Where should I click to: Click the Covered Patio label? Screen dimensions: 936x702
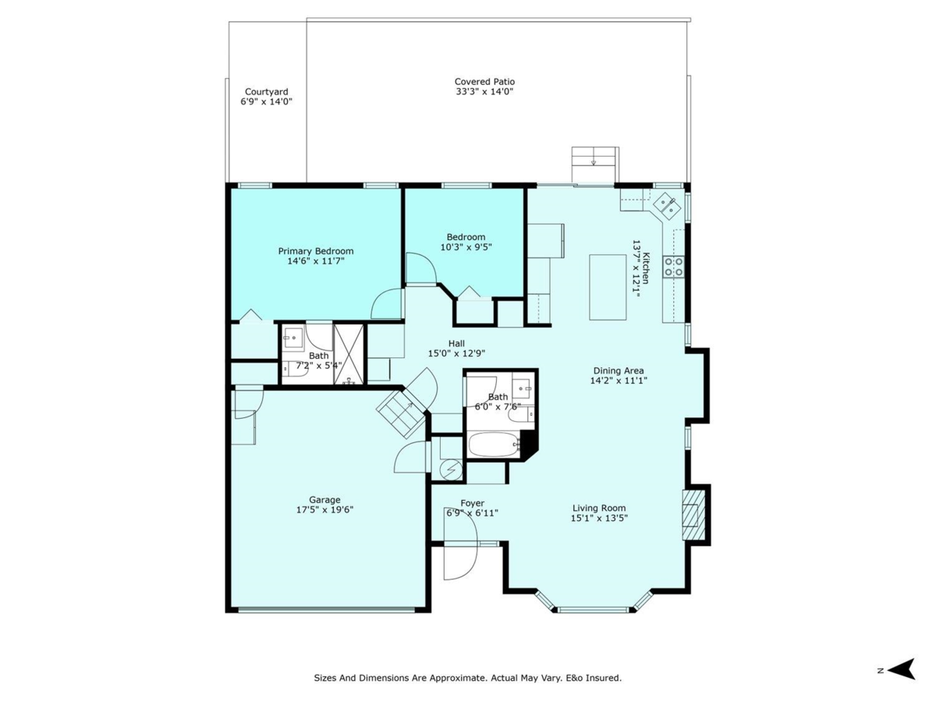[x=484, y=81]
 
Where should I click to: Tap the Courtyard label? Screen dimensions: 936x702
[x=267, y=91]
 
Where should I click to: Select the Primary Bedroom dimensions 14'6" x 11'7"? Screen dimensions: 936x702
[x=316, y=261]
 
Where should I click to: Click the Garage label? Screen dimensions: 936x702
[x=324, y=499]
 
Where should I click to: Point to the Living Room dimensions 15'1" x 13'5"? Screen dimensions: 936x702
[x=599, y=518]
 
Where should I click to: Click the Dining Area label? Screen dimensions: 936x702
[x=619, y=370]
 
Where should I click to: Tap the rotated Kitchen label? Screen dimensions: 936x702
[x=647, y=268]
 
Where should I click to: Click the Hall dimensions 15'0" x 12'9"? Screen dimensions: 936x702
[x=457, y=353]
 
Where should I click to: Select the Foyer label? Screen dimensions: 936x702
[x=473, y=503]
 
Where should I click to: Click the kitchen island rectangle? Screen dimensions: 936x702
[x=608, y=287]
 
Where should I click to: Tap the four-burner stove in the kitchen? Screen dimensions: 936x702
[x=673, y=267]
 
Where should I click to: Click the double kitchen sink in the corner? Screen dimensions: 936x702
[x=667, y=205]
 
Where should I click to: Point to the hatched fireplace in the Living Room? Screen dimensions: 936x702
[x=693, y=516]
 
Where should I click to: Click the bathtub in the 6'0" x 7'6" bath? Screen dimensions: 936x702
[x=494, y=445]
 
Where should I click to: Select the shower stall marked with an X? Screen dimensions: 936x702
[x=349, y=354]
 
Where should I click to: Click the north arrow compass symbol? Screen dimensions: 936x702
[x=902, y=669]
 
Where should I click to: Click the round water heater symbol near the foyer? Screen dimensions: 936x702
[x=451, y=470]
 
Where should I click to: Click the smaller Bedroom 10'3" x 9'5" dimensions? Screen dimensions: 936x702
[x=466, y=246]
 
